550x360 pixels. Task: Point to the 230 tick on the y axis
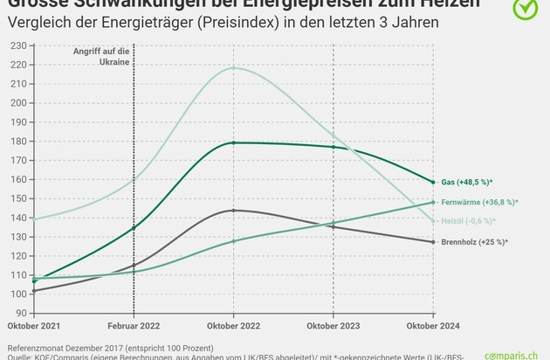pos(17,44)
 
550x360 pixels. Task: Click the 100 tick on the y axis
pos(17,294)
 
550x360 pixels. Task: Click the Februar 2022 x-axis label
pos(134,326)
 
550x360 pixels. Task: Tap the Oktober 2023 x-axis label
pos(333,326)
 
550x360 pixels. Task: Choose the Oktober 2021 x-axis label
pos(35,326)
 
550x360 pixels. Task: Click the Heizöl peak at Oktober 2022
pos(233,68)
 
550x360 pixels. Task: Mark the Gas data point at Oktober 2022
pos(233,142)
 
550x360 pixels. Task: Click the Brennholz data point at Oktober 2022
pos(233,211)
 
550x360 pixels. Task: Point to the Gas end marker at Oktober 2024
pos(432,182)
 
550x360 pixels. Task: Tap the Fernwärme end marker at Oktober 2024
pos(432,202)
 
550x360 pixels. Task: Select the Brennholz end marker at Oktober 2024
pos(432,242)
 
